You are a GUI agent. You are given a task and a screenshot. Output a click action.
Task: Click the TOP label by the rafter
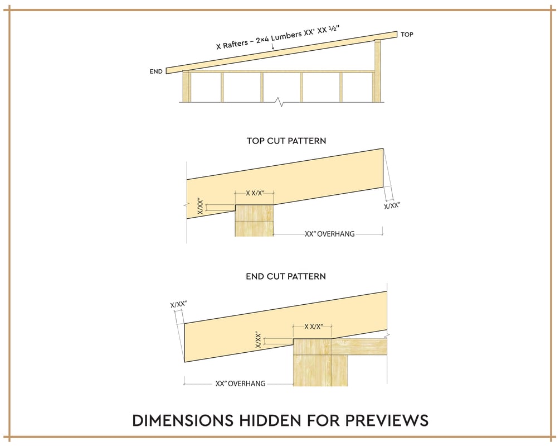(407, 35)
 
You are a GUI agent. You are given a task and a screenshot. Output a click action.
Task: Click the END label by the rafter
(156, 71)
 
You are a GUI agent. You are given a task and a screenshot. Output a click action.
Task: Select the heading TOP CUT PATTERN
(286, 141)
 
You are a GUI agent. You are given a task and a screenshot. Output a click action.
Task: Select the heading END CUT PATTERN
(286, 276)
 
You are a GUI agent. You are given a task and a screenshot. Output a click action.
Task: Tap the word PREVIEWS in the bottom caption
(387, 420)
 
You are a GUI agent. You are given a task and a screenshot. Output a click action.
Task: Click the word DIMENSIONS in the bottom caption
(183, 420)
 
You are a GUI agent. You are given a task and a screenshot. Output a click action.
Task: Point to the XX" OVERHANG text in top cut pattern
(330, 234)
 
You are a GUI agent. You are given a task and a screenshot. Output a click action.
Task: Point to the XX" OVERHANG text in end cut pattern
(240, 384)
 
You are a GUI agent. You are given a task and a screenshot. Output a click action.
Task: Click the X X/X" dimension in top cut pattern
(255, 193)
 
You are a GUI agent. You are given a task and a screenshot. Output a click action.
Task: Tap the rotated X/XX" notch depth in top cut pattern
(201, 207)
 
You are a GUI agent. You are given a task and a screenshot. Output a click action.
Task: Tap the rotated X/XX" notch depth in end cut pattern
(258, 340)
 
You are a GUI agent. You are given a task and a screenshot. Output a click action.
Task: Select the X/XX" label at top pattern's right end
(392, 206)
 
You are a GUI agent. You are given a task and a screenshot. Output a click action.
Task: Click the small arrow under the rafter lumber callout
(273, 46)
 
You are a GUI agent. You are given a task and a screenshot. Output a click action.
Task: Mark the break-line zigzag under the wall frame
(281, 103)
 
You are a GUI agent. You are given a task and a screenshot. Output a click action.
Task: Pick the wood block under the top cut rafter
(254, 220)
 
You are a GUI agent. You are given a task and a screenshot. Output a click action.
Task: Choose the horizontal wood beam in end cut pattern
(359, 347)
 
